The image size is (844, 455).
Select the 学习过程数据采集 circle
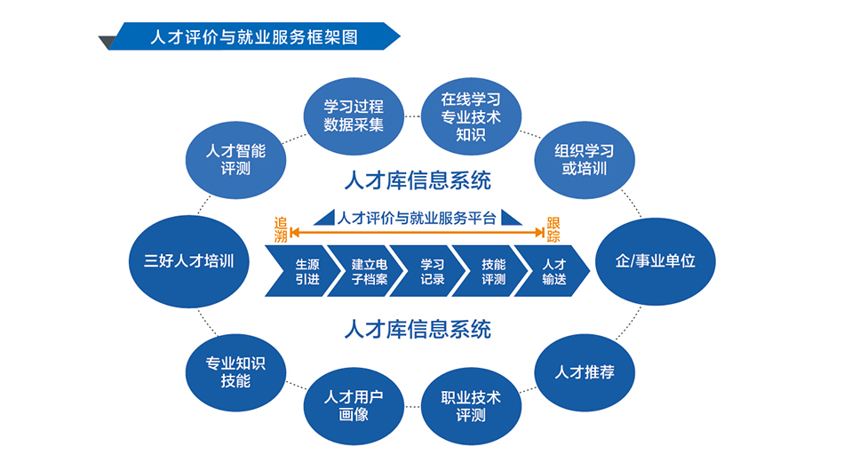click(354, 115)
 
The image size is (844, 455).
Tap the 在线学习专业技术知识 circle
click(471, 116)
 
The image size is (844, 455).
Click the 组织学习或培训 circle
click(584, 158)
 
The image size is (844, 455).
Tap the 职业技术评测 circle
click(471, 405)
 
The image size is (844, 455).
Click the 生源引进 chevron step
click(297, 271)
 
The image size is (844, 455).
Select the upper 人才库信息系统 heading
click(418, 181)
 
